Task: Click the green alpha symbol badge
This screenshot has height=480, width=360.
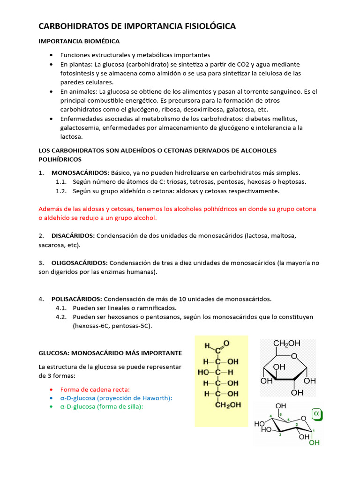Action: click(x=317, y=414)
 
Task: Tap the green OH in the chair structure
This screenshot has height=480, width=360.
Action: click(x=314, y=442)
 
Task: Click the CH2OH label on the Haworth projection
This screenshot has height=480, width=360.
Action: click(x=286, y=344)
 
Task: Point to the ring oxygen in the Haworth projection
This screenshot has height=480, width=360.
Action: click(x=294, y=356)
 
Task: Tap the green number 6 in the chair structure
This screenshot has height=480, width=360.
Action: click(x=281, y=415)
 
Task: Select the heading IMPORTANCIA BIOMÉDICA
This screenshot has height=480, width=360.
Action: click(x=79, y=41)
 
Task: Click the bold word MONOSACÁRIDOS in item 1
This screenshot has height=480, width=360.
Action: click(x=80, y=172)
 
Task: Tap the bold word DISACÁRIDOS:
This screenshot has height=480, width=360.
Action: click(x=73, y=235)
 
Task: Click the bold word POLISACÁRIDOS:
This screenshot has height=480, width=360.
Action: click(x=76, y=299)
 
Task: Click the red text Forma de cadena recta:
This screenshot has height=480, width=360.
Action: click(x=95, y=389)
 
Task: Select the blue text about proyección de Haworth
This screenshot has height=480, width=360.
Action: click(x=116, y=398)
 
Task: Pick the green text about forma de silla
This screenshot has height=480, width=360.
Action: click(x=101, y=407)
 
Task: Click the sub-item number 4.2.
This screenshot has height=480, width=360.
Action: click(x=61, y=317)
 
